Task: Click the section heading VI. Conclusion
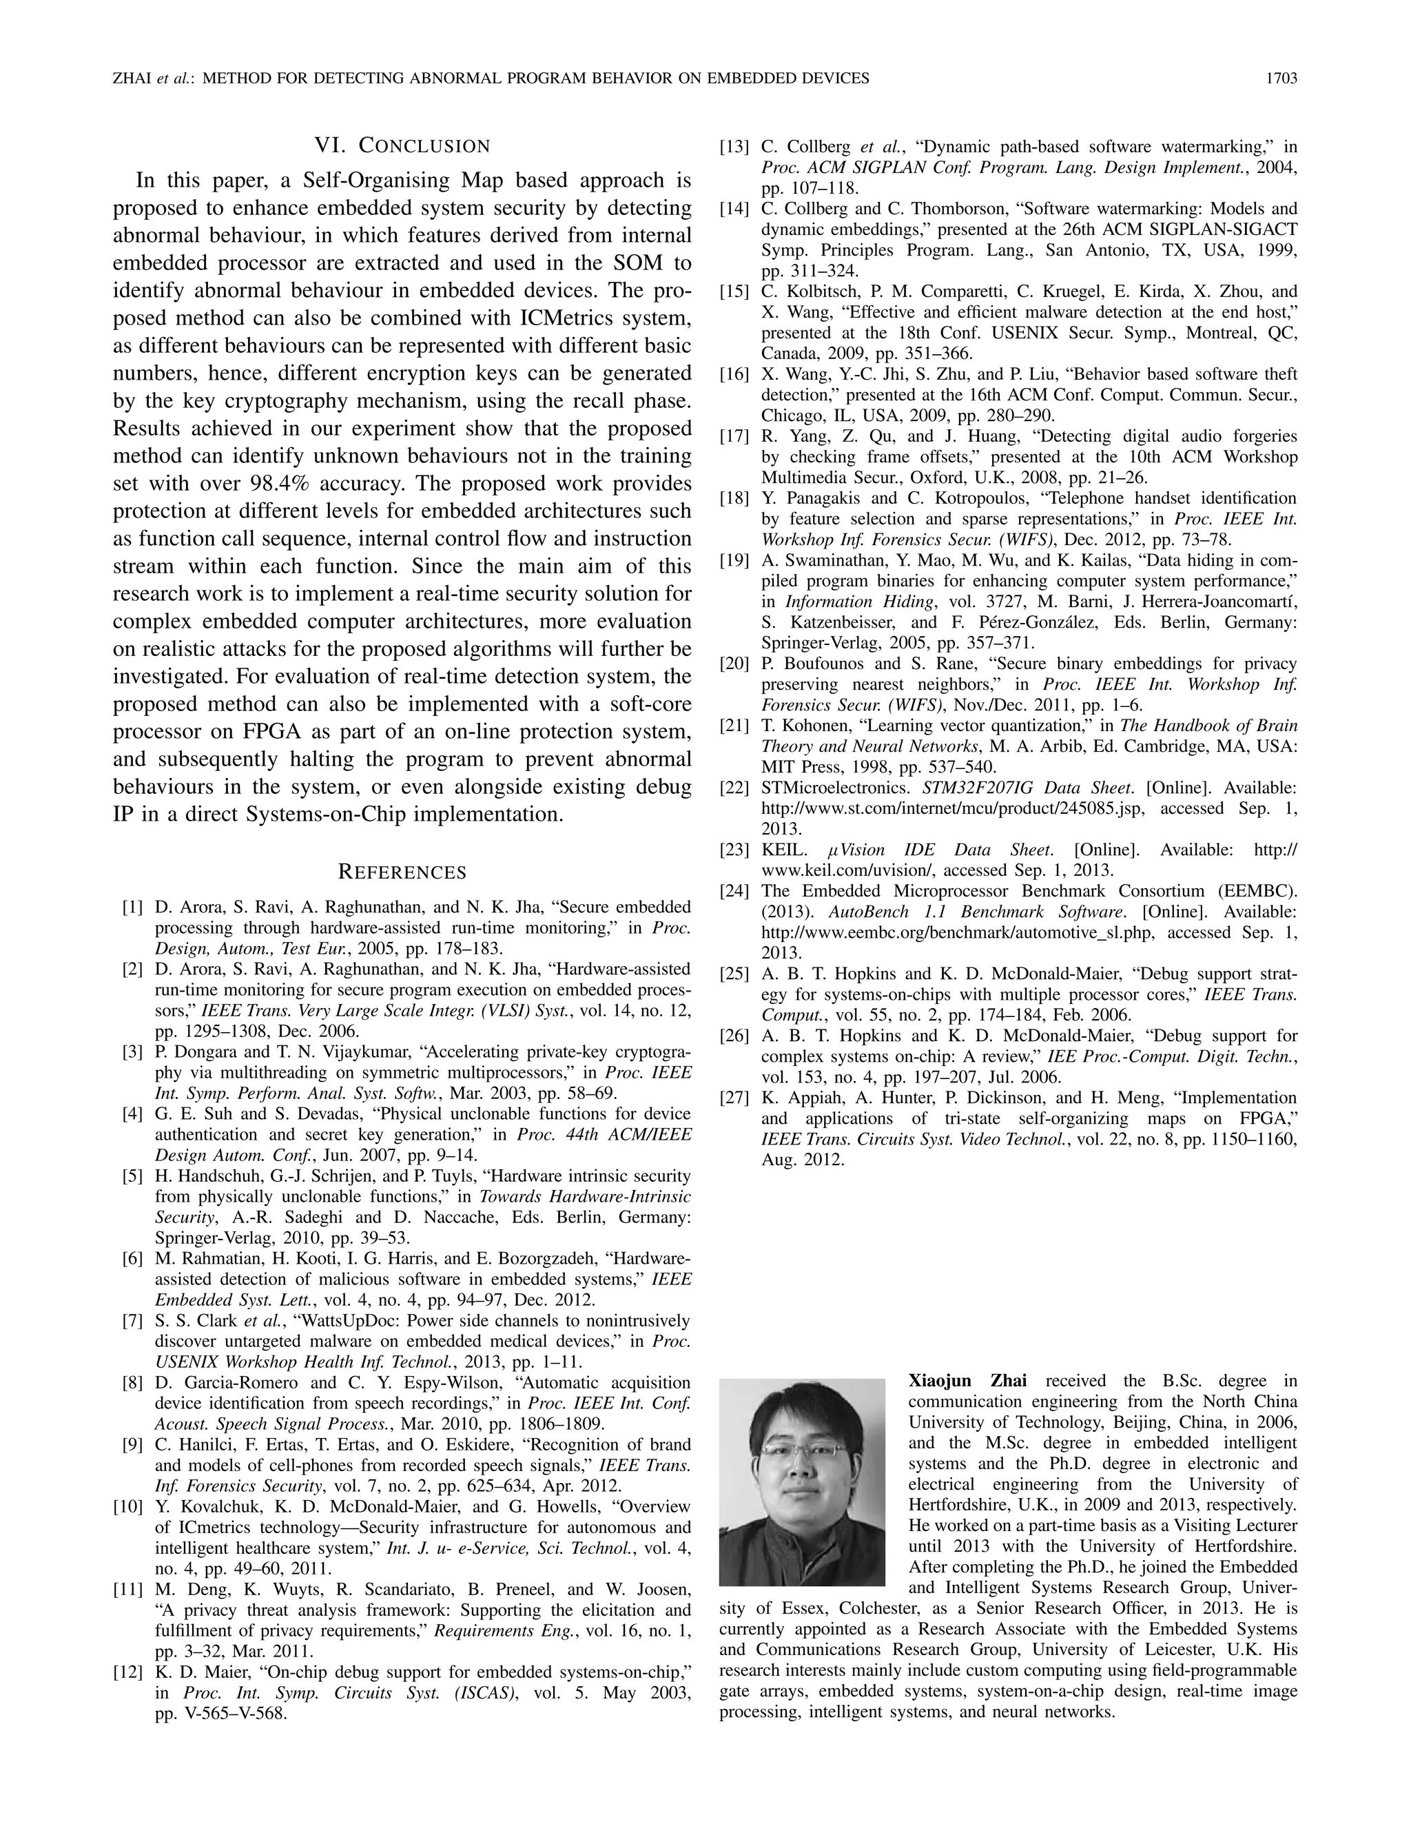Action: [402, 146]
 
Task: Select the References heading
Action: [402, 872]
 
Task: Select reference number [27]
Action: [734, 1098]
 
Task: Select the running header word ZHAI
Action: [130, 79]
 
